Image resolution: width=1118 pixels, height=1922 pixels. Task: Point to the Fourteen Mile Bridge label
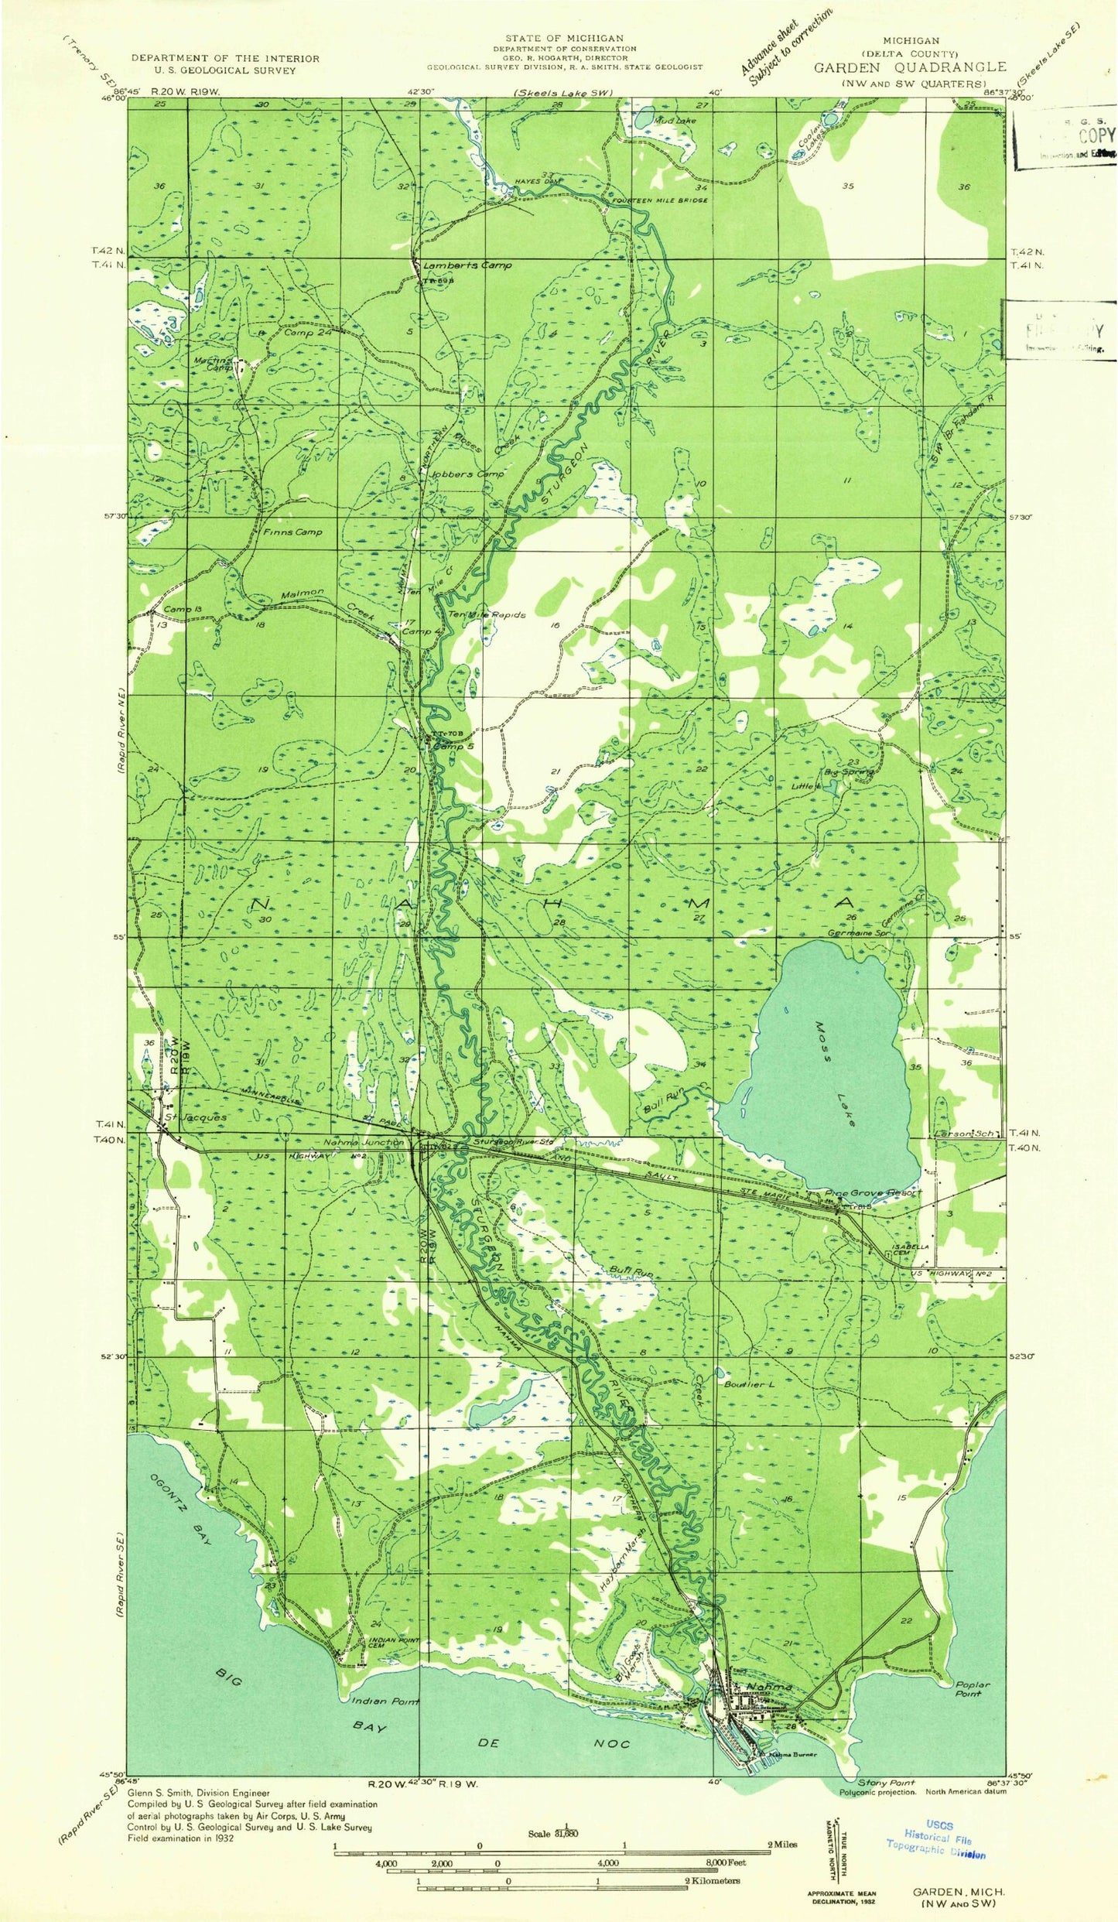660,200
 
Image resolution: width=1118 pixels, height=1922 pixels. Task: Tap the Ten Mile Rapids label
487,615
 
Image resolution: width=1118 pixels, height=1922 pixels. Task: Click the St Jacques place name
195,1117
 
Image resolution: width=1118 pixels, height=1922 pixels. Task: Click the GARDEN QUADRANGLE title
910,67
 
